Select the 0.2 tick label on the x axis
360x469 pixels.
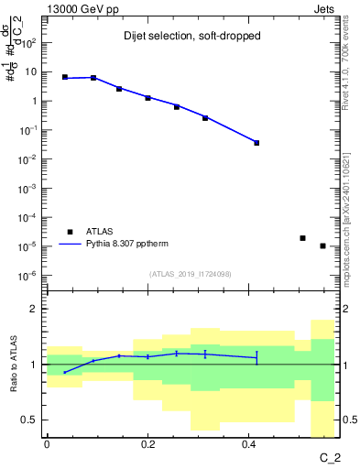click(147, 444)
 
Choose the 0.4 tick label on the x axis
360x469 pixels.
click(248, 444)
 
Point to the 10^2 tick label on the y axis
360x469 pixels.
click(30, 43)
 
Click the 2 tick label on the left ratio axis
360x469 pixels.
click(35, 309)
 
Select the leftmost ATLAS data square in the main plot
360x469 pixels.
click(65, 77)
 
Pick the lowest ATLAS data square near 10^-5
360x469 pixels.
click(322, 245)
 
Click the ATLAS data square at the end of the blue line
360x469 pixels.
click(256, 143)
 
